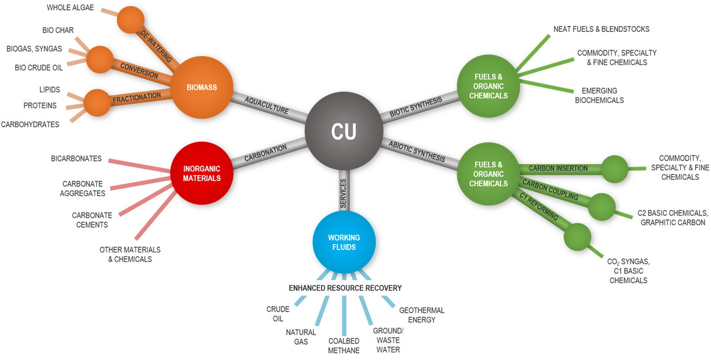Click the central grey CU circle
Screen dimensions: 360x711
tap(344, 132)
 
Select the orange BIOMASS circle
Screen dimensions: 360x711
tap(201, 87)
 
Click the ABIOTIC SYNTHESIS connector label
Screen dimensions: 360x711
tap(417, 151)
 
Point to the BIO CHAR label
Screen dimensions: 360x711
tap(58, 30)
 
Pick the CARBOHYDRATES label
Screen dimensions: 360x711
tap(30, 124)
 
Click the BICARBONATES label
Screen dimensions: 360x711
tap(76, 158)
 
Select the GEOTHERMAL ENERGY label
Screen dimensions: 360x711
tap(422, 315)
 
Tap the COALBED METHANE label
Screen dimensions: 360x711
tap(344, 346)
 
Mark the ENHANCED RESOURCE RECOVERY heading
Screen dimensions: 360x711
tap(345, 288)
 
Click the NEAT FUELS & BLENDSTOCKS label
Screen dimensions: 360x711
tap(602, 28)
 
